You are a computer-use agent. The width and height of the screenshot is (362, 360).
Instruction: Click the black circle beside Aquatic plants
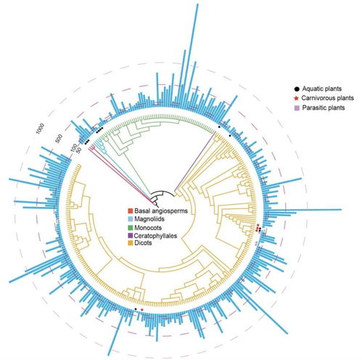pos(297,89)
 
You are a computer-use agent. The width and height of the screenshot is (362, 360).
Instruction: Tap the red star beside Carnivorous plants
pos(297,98)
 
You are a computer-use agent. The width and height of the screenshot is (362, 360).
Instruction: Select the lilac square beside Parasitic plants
pos(297,108)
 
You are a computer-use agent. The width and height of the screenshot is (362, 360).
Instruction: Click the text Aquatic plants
pos(322,89)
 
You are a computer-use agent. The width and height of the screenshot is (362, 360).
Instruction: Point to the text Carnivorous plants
pos(328,98)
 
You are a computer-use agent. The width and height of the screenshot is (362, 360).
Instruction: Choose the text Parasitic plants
pos(324,107)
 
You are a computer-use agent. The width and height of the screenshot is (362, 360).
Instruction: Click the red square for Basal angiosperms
pos(131,211)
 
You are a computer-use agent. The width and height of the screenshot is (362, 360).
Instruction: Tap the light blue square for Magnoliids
pos(131,219)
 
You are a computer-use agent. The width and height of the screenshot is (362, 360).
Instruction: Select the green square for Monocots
pos(131,228)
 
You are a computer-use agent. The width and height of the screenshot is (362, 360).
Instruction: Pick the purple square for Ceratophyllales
pos(131,235)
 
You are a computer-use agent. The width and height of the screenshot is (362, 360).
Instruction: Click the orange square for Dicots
pos(131,243)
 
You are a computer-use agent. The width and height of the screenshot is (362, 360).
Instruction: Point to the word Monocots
pos(148,228)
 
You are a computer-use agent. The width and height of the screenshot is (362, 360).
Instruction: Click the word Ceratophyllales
pos(156,235)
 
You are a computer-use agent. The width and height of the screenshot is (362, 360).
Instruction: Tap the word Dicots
pos(143,243)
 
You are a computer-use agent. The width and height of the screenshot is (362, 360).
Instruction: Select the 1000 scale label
pos(40,128)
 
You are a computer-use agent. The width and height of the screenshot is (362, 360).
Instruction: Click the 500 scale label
pos(59,139)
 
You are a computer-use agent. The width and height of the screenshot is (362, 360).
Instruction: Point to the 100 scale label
pos(74,147)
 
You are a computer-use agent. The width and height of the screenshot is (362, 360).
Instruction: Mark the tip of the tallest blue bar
pos(197,4)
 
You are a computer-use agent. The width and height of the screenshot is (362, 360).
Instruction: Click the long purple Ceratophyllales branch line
pos(195,160)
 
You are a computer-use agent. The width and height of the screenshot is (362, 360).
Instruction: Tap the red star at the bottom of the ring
pos(142,310)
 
